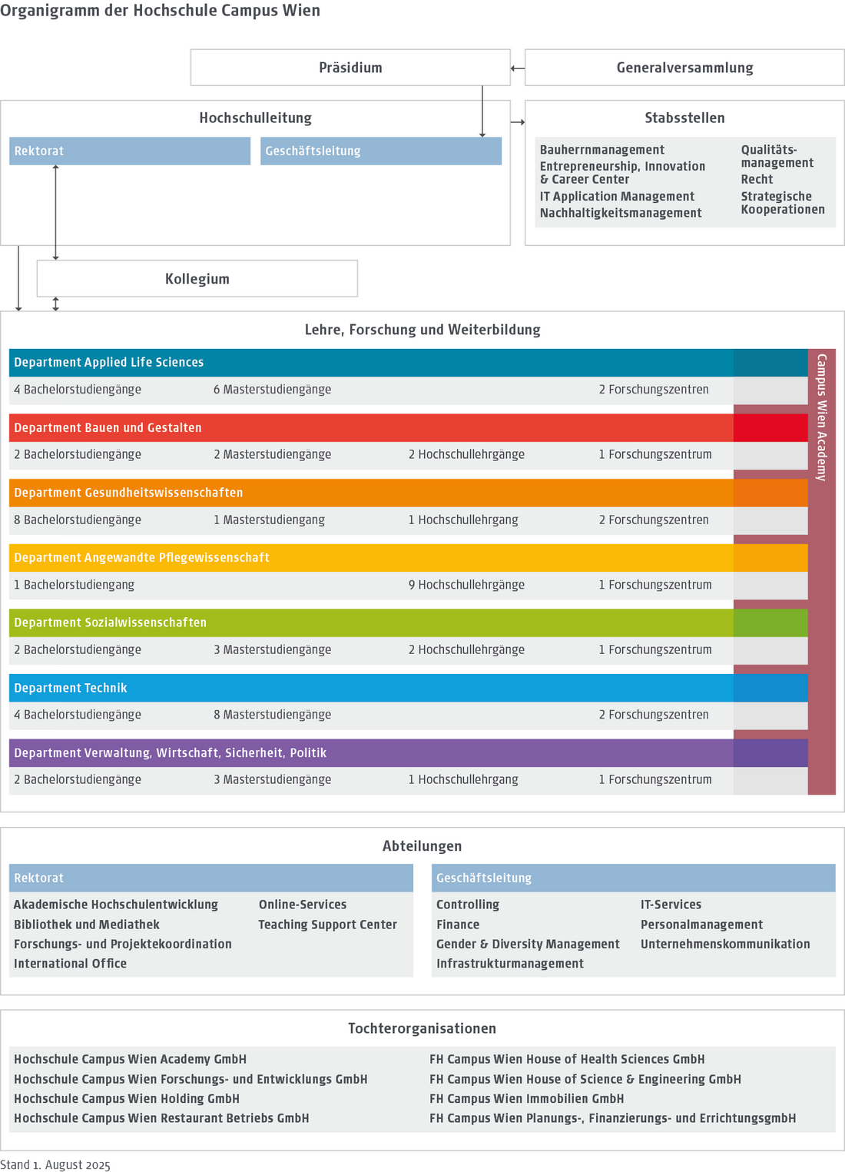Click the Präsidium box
click(x=350, y=68)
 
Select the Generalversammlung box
click(x=684, y=68)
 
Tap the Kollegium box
click(x=197, y=279)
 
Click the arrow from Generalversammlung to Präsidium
click(x=518, y=68)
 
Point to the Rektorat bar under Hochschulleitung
click(x=130, y=151)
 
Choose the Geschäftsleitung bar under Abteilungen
click(x=633, y=878)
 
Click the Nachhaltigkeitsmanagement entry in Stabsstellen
click(x=621, y=213)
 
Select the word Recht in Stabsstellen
click(x=757, y=179)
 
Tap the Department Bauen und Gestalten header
click(x=108, y=428)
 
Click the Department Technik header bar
click(x=71, y=688)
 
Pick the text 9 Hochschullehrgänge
click(x=466, y=585)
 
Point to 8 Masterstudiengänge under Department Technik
click(x=273, y=715)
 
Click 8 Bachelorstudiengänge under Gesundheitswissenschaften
click(x=78, y=520)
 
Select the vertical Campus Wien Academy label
click(x=822, y=417)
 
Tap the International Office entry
click(x=70, y=964)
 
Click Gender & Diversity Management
click(x=528, y=945)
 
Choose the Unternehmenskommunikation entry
click(x=725, y=945)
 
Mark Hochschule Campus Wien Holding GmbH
click(x=127, y=1099)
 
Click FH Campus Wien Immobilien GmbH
click(x=526, y=1099)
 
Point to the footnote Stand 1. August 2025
click(x=55, y=1165)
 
